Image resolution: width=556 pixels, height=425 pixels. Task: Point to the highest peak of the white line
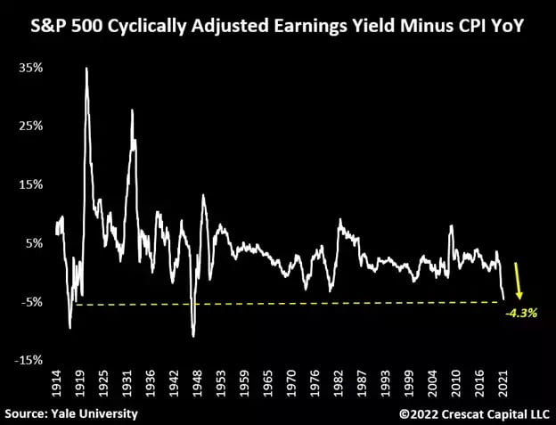coord(86,69)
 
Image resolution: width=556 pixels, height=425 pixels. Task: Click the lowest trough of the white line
coord(193,336)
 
